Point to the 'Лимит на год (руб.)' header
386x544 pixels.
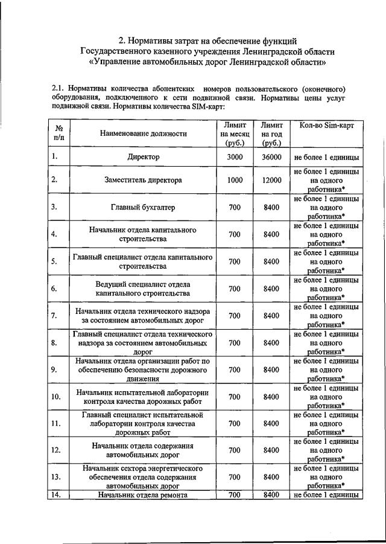coord(271,133)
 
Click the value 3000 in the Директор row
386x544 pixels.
coord(235,157)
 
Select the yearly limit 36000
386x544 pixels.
coord(272,157)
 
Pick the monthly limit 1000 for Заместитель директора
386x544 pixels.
coord(235,180)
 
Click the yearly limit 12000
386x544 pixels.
coord(272,180)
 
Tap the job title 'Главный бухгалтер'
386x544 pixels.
coord(144,207)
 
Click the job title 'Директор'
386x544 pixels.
coord(144,157)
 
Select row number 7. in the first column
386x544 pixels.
coord(54,315)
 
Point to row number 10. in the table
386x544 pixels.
coord(56,397)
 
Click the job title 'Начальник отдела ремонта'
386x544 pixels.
coord(144,495)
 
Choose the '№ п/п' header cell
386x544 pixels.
coord(59,133)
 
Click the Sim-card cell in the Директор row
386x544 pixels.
coord(327,157)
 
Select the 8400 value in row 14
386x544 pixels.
coord(272,495)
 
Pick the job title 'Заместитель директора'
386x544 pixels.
coord(144,180)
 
